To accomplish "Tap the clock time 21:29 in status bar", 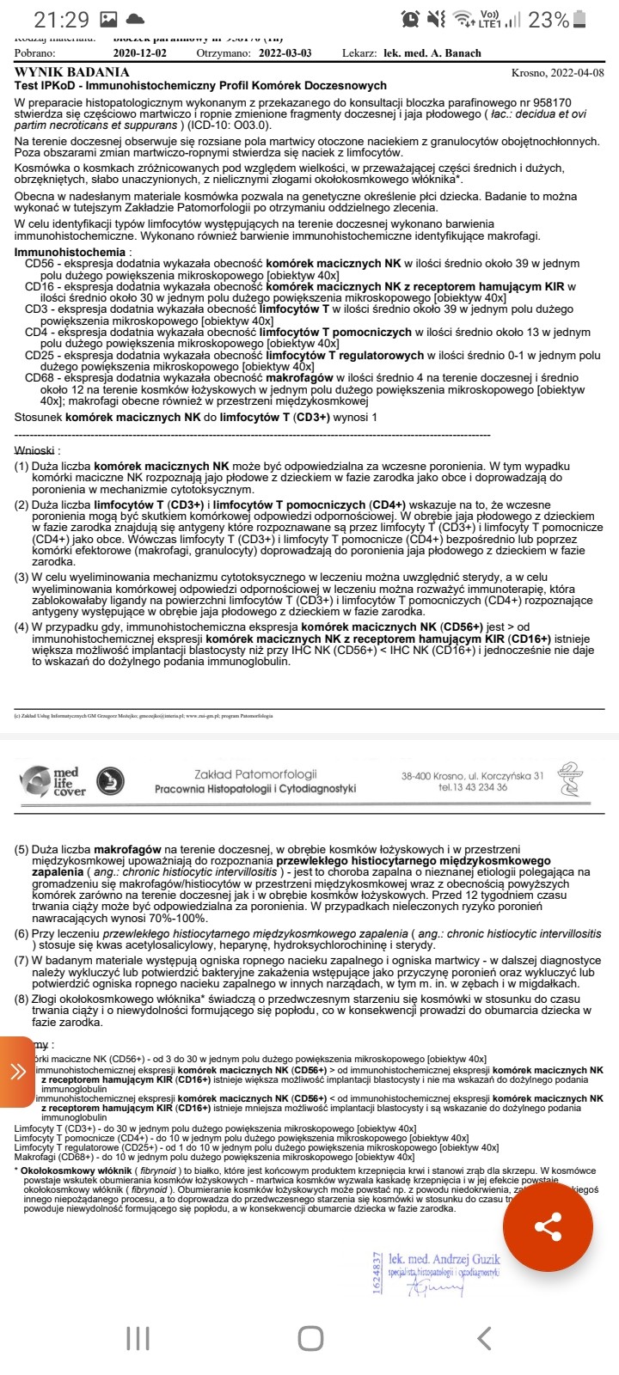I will (62, 19).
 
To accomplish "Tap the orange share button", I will (548, 1226).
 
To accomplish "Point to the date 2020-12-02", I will (142, 53).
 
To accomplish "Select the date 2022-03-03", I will (285, 53).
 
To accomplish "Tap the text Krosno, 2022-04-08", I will (557, 74).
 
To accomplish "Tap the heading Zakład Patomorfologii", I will (255, 774).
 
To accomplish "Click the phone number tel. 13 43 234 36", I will (472, 787).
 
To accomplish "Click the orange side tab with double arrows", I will (17, 1072).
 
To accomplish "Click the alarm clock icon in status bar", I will (411, 19).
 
